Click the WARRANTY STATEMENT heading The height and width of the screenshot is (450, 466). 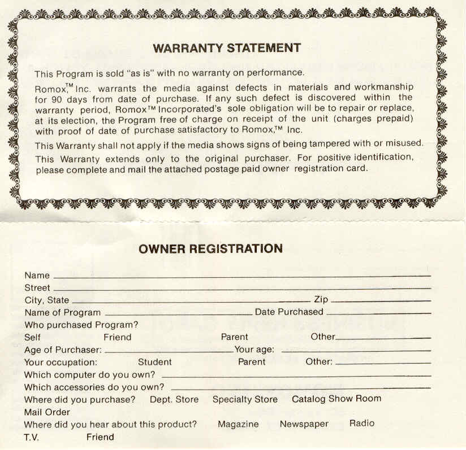coord(227,48)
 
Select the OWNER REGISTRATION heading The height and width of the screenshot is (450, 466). coord(210,248)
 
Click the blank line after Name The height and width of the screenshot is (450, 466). coord(241,277)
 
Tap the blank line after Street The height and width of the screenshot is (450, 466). coord(241,289)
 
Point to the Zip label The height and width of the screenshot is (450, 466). coord(321,300)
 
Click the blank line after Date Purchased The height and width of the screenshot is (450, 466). coord(378,313)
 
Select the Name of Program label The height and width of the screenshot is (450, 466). coord(62,312)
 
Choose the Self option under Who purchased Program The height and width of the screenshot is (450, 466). coord(33,337)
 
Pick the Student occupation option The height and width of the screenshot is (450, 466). coord(155,362)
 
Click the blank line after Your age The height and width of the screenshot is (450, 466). coord(356,351)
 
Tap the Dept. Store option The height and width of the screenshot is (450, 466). coord(174,399)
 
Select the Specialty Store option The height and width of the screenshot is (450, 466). coord(245,399)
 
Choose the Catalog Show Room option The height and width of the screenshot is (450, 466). coord(336,399)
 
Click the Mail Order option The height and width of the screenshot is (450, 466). coord(47,412)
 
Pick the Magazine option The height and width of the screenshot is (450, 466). coord(238,424)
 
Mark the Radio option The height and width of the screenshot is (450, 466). coord(362,423)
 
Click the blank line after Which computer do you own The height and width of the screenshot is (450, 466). coord(296,375)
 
